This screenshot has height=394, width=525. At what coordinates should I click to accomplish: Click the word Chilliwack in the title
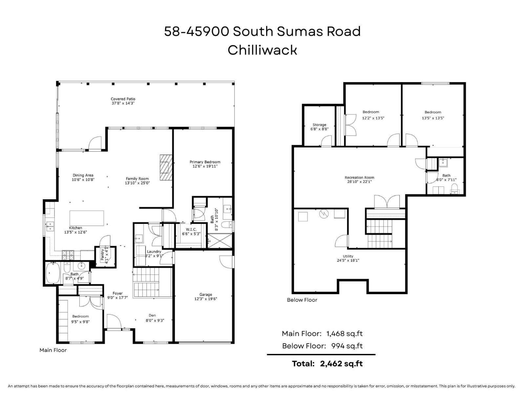point(262,50)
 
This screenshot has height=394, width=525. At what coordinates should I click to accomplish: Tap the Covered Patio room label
point(123,99)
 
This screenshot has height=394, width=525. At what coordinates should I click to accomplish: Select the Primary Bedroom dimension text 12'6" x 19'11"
point(205,166)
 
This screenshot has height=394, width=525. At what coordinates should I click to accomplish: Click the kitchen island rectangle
point(87,218)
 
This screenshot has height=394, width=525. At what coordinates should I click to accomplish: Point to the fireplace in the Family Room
point(165,167)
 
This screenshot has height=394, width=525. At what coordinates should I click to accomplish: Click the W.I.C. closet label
point(191,230)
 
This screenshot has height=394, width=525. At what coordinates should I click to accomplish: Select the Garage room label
point(206,295)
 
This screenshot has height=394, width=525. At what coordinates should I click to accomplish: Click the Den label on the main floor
point(152,315)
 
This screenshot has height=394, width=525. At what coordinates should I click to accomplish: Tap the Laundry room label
point(154,252)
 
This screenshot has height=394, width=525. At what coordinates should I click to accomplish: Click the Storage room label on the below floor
point(319,125)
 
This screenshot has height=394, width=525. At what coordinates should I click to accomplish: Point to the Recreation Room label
point(359,178)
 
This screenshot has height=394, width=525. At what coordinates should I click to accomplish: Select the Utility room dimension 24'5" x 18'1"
point(348,260)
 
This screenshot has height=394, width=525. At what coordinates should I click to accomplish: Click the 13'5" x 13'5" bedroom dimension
point(433,118)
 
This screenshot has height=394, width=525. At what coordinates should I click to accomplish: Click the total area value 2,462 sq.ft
point(341,363)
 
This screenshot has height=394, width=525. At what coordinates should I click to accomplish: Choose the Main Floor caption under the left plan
point(53,350)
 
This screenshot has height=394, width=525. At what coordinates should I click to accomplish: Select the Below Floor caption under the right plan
point(302,300)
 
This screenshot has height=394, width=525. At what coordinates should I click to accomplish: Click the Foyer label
point(117,293)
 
